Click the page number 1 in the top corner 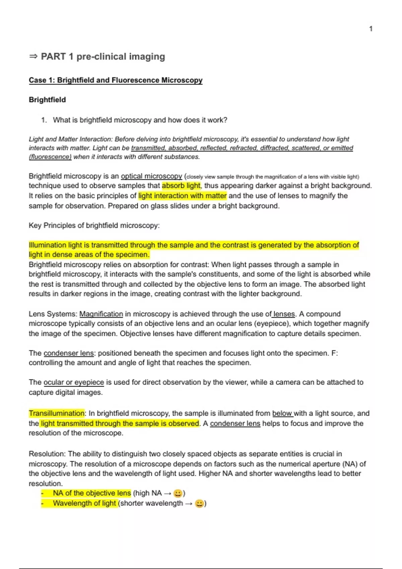371,29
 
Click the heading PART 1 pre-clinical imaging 103,57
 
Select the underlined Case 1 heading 116,80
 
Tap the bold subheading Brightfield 47,100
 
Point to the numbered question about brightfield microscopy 140,120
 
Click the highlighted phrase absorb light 181,186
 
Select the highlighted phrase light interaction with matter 182,196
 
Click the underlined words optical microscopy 151,176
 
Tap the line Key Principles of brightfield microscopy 94,226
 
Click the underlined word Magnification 101,314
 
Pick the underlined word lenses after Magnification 284,314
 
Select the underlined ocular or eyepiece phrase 74,382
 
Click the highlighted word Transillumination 57,413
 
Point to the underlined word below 282,413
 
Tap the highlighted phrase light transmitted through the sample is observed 120,423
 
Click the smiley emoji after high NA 178,493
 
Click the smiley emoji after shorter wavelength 199,503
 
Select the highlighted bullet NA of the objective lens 91,493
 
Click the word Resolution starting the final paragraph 47,454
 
